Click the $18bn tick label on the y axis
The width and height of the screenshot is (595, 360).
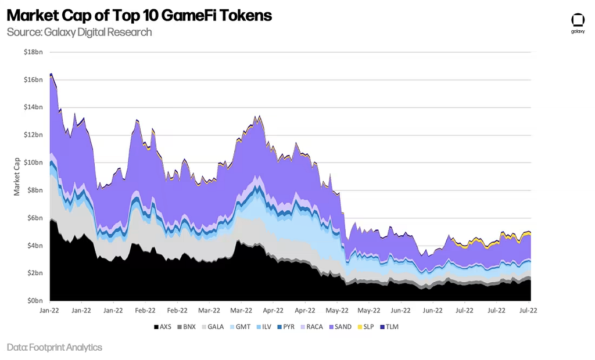click(x=33, y=52)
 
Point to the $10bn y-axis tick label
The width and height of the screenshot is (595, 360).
click(x=33, y=163)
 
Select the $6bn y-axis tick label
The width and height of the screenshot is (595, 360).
click(x=34, y=218)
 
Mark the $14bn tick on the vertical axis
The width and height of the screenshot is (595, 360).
click(x=33, y=107)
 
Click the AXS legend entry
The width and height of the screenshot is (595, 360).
click(x=163, y=327)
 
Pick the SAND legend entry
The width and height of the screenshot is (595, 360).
click(x=339, y=327)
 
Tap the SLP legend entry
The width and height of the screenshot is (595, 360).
click(x=367, y=327)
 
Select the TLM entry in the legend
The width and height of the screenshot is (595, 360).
click(x=391, y=327)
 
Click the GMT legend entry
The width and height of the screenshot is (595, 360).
click(x=239, y=327)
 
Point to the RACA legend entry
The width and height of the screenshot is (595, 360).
click(x=311, y=327)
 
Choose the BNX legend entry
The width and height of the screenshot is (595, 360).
click(x=186, y=327)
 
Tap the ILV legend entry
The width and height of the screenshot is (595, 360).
click(x=263, y=327)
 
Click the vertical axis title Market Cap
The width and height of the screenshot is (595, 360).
click(x=17, y=175)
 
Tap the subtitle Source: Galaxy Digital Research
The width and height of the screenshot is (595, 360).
click(x=79, y=32)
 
